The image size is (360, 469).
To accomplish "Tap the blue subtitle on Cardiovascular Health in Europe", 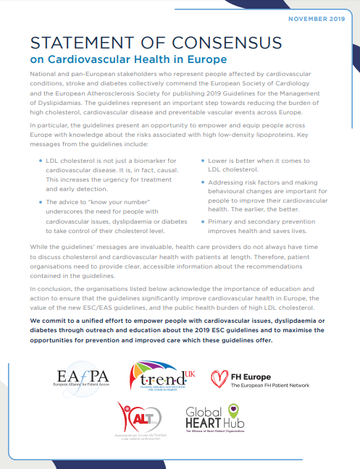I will pyautogui.click(x=131, y=59).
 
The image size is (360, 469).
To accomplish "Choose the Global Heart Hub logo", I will pyautogui.click(x=215, y=419).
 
